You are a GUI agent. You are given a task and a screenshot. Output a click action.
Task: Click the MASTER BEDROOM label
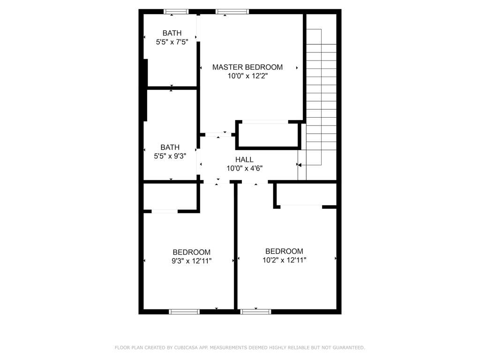pos(247,67)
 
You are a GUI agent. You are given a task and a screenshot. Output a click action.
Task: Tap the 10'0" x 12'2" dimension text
pos(247,76)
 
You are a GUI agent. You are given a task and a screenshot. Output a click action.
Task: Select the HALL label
pos(244,159)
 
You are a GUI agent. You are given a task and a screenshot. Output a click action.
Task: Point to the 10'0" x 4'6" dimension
pos(244,168)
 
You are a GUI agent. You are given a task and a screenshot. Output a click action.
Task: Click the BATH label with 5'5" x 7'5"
pos(172,33)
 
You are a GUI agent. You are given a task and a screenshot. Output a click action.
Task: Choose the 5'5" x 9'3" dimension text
pos(170,156)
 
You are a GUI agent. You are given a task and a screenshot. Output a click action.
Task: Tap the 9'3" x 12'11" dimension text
pos(192,261)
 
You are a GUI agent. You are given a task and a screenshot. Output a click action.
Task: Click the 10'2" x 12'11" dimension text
pos(285,260)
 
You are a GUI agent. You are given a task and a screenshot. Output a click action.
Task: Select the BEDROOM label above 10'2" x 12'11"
pos(284,251)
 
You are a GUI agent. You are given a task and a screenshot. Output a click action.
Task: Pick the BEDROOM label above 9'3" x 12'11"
pos(192,252)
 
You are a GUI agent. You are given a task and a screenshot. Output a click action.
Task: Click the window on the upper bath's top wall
pos(176,12)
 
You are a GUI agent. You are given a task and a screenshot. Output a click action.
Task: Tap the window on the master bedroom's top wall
pos(232,12)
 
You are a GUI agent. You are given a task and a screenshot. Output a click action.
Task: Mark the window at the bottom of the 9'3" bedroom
pos(184,312)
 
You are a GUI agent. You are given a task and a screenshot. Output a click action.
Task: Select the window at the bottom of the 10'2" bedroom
pos(255,312)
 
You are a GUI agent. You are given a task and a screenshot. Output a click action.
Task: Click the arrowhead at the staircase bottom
pos(300,165)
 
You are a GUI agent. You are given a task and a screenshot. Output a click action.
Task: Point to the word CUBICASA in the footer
pos(186,347)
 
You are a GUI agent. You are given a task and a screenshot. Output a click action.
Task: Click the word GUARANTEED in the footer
pos(349,347)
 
